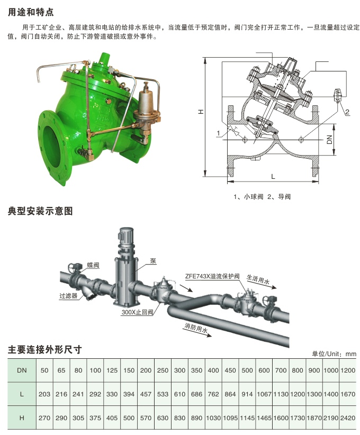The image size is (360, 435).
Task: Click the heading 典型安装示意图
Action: coord(40,211)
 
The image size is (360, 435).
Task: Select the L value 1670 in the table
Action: coord(348,394)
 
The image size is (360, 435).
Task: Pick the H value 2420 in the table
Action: coord(348,418)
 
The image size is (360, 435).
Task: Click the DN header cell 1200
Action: coord(348,370)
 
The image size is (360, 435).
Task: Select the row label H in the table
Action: coord(22,418)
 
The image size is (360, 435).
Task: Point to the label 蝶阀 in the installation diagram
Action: coord(93,265)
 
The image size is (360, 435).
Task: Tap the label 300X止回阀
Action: coord(137,313)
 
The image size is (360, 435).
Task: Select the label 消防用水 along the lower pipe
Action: coord(196,329)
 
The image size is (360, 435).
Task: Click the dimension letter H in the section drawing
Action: coord(200,113)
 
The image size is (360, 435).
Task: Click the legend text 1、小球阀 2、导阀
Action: coord(262,196)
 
